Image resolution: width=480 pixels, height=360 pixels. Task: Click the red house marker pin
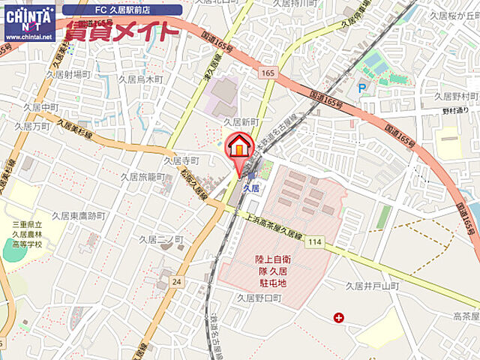240,147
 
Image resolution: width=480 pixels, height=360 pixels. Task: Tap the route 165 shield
268,73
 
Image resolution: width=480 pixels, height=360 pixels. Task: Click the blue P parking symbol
363,88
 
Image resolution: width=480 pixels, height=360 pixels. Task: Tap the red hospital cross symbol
339,318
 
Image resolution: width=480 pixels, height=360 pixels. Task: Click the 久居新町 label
240,121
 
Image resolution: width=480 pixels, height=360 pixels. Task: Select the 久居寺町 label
181,160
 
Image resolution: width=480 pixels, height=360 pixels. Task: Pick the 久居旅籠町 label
142,177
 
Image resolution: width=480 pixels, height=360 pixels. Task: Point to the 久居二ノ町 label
161,238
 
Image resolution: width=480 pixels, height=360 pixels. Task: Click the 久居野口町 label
258,298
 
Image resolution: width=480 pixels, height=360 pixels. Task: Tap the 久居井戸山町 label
375,286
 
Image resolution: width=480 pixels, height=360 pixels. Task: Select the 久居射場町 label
67,74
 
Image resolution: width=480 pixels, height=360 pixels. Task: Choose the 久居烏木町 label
141,79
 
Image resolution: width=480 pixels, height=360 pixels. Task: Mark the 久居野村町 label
456,97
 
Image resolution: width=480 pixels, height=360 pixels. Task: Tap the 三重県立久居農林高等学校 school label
28,233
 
